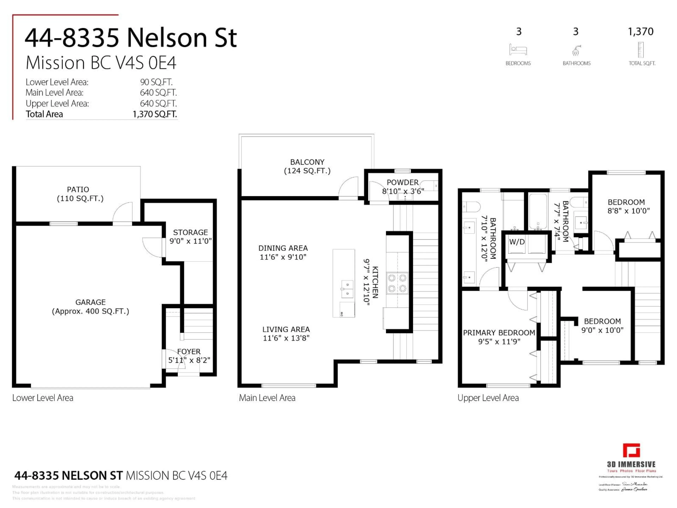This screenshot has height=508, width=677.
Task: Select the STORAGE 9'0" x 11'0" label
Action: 190,237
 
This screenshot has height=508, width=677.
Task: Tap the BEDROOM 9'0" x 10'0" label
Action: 602,325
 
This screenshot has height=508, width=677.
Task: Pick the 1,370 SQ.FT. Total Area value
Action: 155,114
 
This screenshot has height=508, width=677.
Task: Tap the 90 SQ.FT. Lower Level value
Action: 156,82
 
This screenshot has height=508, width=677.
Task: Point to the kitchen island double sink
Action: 347,289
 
